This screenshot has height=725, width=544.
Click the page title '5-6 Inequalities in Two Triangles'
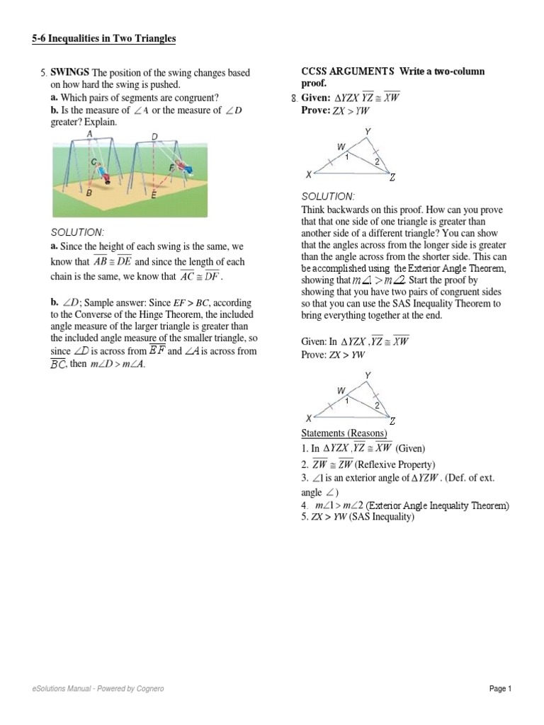(103, 39)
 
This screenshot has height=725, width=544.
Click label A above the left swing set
(89, 133)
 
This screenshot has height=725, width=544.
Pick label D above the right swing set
(155, 136)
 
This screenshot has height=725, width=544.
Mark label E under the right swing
(154, 193)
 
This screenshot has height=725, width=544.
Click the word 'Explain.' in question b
(101, 122)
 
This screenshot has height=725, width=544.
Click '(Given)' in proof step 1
(410, 448)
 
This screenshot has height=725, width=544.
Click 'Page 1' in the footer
(499, 689)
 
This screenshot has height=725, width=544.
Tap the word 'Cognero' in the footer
(152, 689)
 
